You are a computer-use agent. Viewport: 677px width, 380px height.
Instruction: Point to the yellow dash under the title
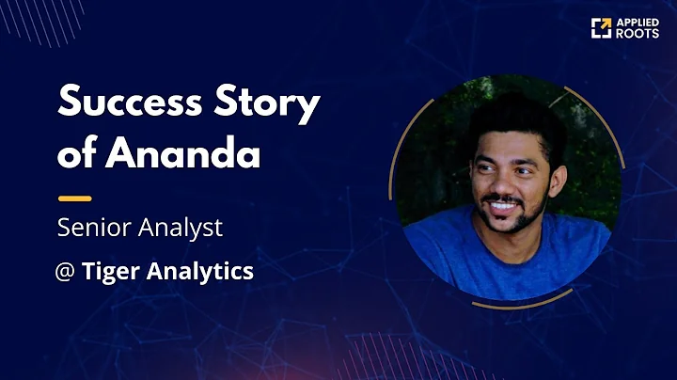coord(74,198)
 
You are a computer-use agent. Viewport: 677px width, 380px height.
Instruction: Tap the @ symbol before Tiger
coord(66,272)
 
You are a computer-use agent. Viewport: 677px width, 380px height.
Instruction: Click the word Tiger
coord(106,272)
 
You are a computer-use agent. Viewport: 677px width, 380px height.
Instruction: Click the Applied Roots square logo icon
coord(601,28)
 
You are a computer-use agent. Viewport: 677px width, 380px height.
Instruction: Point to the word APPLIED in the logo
coord(638,23)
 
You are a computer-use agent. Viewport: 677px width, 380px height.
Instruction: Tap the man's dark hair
coord(512,118)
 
